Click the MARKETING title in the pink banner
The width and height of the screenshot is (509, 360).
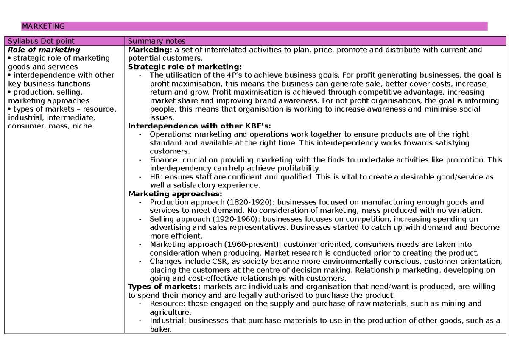point(43,26)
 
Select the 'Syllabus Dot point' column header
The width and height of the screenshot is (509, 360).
point(41,41)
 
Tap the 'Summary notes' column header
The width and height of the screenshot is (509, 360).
point(157,41)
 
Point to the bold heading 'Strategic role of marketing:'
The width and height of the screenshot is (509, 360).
point(185,67)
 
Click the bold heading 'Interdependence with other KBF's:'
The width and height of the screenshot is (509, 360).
point(199,126)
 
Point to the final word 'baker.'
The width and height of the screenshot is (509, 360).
point(161,329)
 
